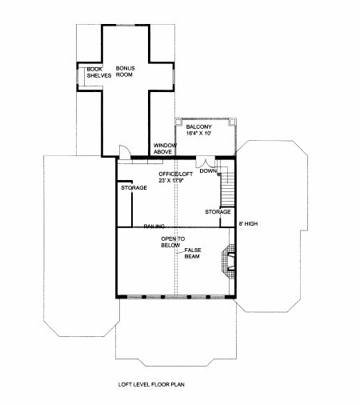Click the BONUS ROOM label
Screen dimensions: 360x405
(125, 71)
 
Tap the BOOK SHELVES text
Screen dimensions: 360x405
(99, 72)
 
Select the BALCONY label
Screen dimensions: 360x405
(198, 126)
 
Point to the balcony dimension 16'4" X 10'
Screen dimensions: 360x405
(198, 133)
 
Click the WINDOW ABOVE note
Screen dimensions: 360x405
(165, 149)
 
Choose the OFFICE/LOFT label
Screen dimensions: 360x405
(175, 174)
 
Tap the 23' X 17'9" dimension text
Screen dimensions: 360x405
(172, 181)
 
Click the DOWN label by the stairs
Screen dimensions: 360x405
(208, 170)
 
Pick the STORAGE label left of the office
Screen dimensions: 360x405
(134, 188)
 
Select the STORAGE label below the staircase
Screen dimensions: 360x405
(218, 212)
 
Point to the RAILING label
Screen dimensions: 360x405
(154, 227)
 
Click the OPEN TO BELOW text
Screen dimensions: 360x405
(173, 242)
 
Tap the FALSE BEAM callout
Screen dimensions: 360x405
(193, 253)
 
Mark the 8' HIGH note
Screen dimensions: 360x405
(248, 224)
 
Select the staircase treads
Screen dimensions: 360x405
(228, 189)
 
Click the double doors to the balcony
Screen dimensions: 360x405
(206, 162)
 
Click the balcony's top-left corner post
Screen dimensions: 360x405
(178, 122)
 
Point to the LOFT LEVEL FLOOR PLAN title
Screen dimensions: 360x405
(151, 384)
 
